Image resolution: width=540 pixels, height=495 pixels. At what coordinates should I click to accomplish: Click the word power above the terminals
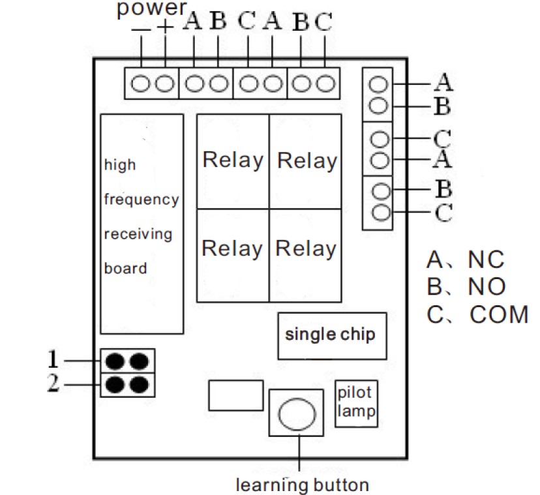click(x=151, y=8)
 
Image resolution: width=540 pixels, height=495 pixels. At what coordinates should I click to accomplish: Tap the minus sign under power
click(x=141, y=29)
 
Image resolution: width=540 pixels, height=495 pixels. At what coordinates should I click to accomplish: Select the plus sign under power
click(x=165, y=27)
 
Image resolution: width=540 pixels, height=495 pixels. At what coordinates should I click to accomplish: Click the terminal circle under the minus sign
click(x=141, y=83)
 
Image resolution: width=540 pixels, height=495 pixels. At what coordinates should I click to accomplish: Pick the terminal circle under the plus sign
click(x=164, y=83)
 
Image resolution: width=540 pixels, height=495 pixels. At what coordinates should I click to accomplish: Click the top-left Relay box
click(x=233, y=161)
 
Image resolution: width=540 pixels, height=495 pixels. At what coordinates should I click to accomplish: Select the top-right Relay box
click(x=305, y=161)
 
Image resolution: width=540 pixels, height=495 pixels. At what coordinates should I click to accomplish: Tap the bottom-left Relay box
click(x=233, y=255)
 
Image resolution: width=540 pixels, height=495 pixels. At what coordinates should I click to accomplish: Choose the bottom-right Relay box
click(x=305, y=255)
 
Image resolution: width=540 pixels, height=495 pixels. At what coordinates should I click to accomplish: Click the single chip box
click(x=332, y=336)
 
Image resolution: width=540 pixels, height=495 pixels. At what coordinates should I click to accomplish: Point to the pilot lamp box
click(x=356, y=404)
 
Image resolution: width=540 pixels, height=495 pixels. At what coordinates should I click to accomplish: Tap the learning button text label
click(x=303, y=485)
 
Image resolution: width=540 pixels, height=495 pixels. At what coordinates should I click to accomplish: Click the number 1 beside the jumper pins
click(x=53, y=359)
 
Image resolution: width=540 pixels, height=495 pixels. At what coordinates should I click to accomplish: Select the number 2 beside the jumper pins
click(x=53, y=383)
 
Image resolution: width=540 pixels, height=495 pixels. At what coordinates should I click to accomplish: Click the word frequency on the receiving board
click(x=142, y=200)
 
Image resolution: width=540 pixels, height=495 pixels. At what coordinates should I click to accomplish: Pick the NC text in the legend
click(x=486, y=260)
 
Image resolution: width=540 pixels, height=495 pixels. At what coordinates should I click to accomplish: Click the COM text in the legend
click(x=499, y=314)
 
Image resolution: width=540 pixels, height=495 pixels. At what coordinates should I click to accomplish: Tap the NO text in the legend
click(x=487, y=286)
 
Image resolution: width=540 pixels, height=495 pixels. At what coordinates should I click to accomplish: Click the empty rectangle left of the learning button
click(x=236, y=395)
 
